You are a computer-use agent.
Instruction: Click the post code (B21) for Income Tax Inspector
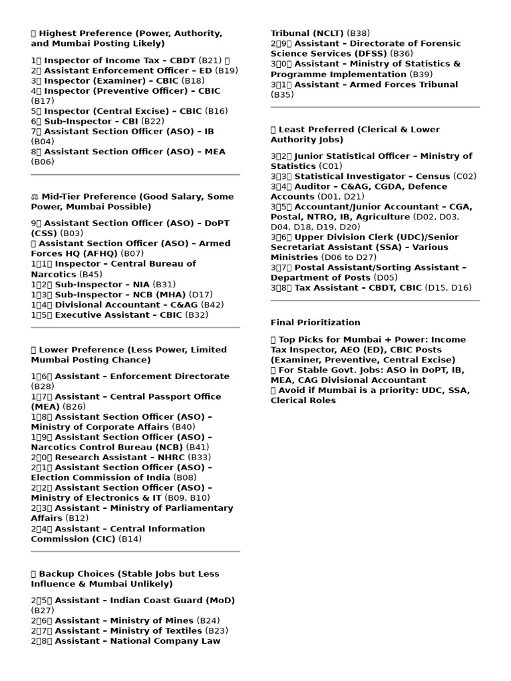[x=211, y=60]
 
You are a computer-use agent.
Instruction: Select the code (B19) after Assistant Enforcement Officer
[x=227, y=70]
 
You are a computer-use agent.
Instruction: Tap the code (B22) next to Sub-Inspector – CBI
[x=153, y=121]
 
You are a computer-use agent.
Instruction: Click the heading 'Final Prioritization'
[x=315, y=323]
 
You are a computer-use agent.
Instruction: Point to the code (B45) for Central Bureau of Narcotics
[x=90, y=274]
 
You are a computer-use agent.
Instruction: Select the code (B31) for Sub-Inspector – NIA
[x=164, y=284]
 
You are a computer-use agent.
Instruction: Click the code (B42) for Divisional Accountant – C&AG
[x=212, y=305]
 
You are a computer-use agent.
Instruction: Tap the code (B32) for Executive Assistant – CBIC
[x=197, y=315]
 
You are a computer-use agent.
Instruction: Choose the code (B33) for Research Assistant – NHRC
[x=200, y=458]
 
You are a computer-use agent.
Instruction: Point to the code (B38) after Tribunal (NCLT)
[x=359, y=33]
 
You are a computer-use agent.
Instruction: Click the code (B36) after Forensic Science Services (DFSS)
[x=401, y=54]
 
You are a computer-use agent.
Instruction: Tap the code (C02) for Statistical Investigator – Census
[x=465, y=176]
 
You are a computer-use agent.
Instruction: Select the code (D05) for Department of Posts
[x=386, y=277]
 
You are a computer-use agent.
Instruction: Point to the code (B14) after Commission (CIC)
[x=130, y=539]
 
